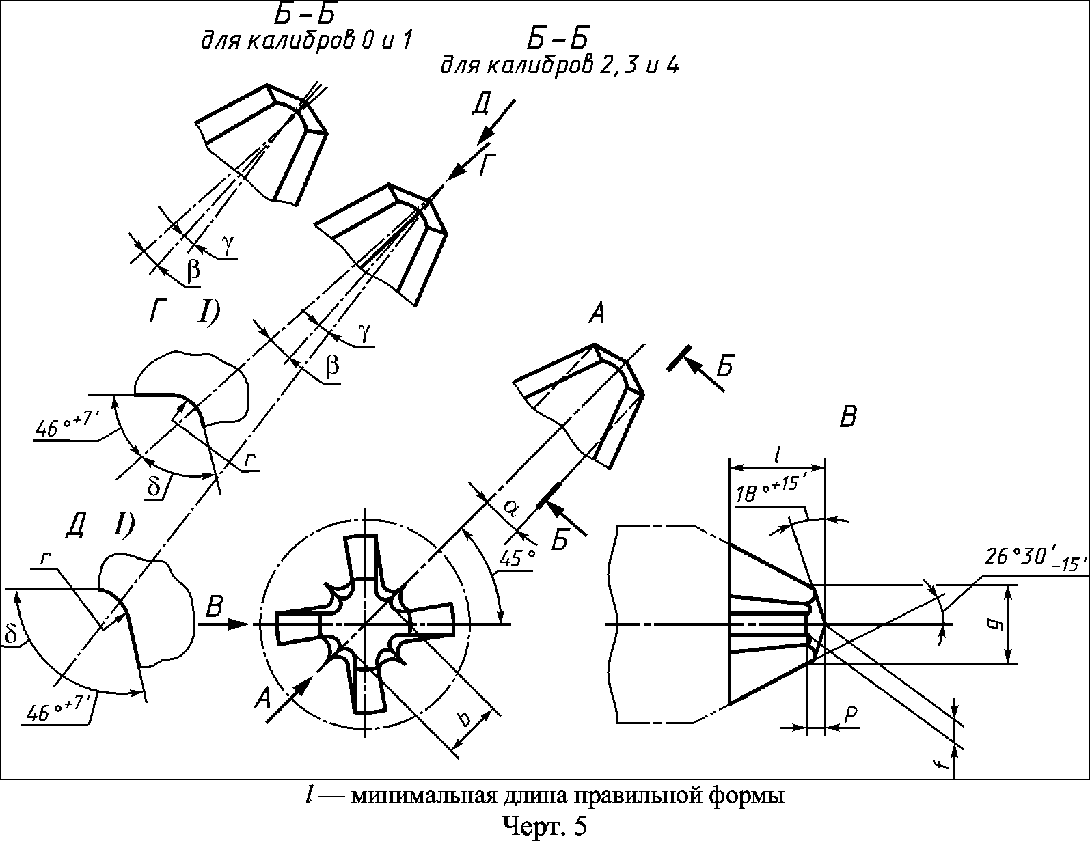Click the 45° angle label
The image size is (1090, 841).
pos(517,558)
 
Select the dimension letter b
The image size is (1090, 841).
pos(464,719)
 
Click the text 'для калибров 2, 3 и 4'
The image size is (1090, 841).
pos(559,66)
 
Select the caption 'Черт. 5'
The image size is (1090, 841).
pos(545,825)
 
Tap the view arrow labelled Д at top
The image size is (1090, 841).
pos(496,119)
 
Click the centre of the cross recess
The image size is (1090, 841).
pos(365,624)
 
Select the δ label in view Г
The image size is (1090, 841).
pos(154,486)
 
